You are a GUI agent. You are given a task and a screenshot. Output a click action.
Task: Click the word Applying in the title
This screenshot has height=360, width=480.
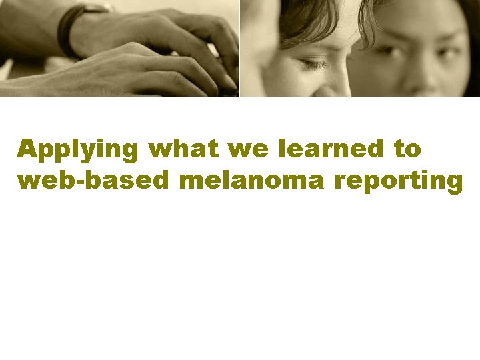coord(79,150)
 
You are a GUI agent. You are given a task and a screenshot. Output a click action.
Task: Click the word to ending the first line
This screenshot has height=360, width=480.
coord(407,149)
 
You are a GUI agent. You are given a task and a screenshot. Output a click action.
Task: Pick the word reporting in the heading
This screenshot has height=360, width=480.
coord(399,181)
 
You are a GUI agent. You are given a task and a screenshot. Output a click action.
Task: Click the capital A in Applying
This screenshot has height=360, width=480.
coord(27,149)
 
